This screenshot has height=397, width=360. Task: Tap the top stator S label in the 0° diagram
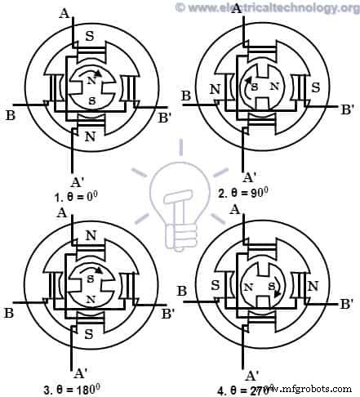90,38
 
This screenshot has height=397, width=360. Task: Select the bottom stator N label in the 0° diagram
90,137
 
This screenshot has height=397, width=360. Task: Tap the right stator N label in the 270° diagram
313,286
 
